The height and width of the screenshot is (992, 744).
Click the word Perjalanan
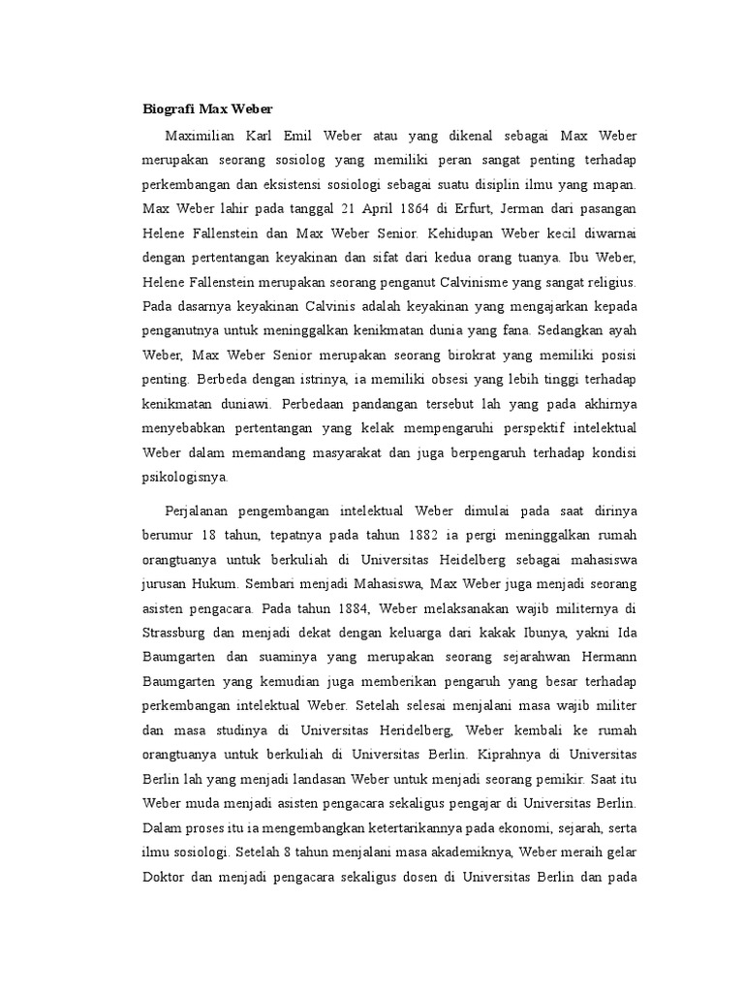[x=203, y=511]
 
